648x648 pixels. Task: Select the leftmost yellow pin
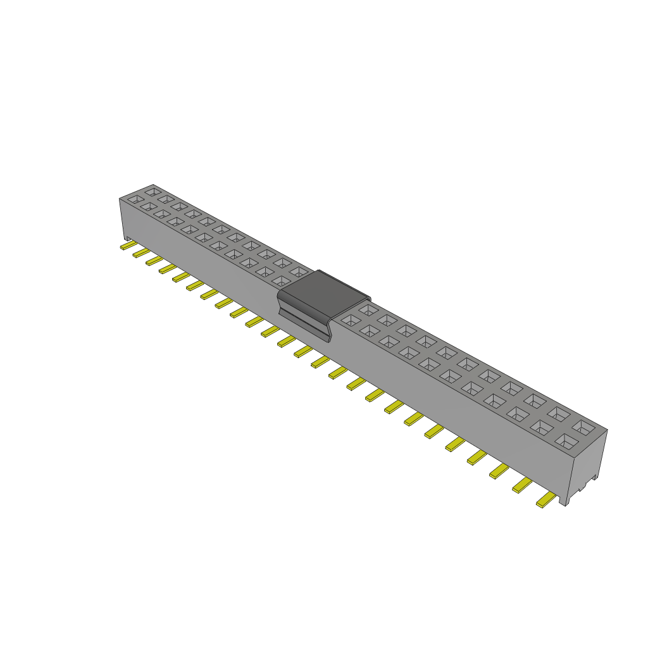point(127,245)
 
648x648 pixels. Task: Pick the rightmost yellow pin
point(545,501)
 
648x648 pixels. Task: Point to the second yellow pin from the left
point(140,252)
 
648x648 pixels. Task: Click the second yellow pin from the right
point(522,485)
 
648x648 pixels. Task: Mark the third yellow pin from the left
point(154,260)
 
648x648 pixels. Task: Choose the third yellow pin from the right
point(499,470)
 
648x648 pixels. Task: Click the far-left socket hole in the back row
point(153,190)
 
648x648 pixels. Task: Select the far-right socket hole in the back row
point(587,427)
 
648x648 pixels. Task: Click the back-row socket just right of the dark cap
point(368,309)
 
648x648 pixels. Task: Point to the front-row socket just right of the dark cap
point(349,320)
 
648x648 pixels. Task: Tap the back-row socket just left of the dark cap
point(299,271)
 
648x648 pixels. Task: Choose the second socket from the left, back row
point(166,198)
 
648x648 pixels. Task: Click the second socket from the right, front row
point(542,427)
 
